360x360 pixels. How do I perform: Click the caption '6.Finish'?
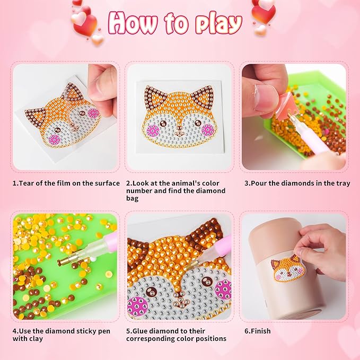[257, 331]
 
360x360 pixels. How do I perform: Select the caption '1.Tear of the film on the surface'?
[66, 183]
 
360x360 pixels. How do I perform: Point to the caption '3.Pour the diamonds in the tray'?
[297, 183]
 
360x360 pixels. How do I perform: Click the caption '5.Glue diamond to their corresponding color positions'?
[177, 335]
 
